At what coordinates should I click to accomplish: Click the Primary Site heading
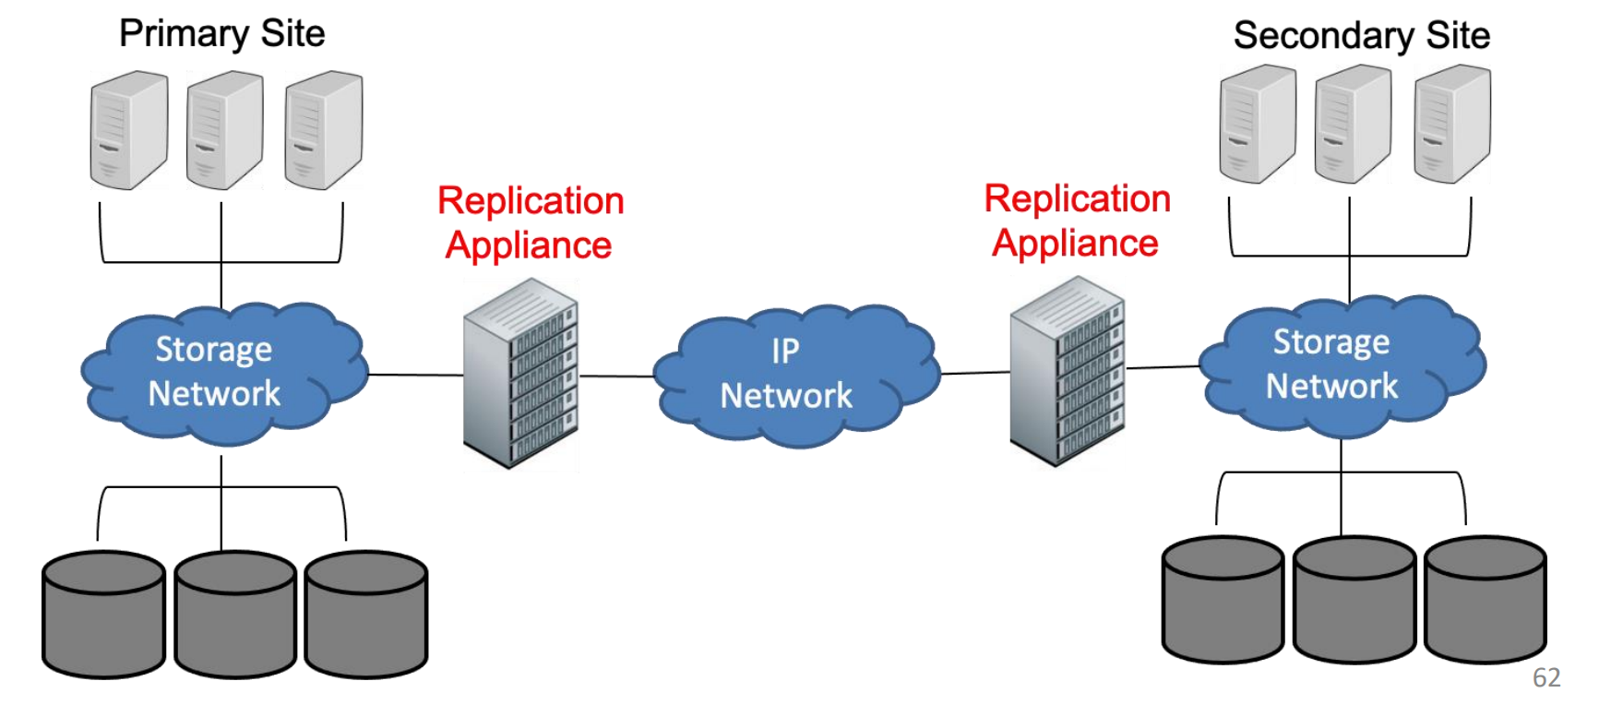pyautogui.click(x=221, y=34)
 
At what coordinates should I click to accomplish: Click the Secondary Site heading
pyautogui.click(x=1361, y=36)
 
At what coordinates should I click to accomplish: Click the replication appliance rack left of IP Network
pyautogui.click(x=521, y=374)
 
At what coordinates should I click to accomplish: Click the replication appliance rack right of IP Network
pyautogui.click(x=1068, y=371)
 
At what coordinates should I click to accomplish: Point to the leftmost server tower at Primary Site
pyautogui.click(x=128, y=130)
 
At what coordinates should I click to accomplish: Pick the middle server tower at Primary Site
pyautogui.click(x=224, y=130)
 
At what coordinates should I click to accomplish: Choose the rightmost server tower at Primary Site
pyautogui.click(x=323, y=130)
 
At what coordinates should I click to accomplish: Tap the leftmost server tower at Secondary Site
pyautogui.click(x=1257, y=124)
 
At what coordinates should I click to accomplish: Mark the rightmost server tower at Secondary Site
pyautogui.click(x=1451, y=124)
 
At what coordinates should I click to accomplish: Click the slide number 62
pyautogui.click(x=1546, y=677)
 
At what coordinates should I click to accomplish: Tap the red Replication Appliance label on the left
pyautogui.click(x=530, y=222)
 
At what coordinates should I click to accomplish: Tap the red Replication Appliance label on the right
pyautogui.click(x=1077, y=221)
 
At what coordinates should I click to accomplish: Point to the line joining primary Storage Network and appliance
pyautogui.click(x=415, y=375)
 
